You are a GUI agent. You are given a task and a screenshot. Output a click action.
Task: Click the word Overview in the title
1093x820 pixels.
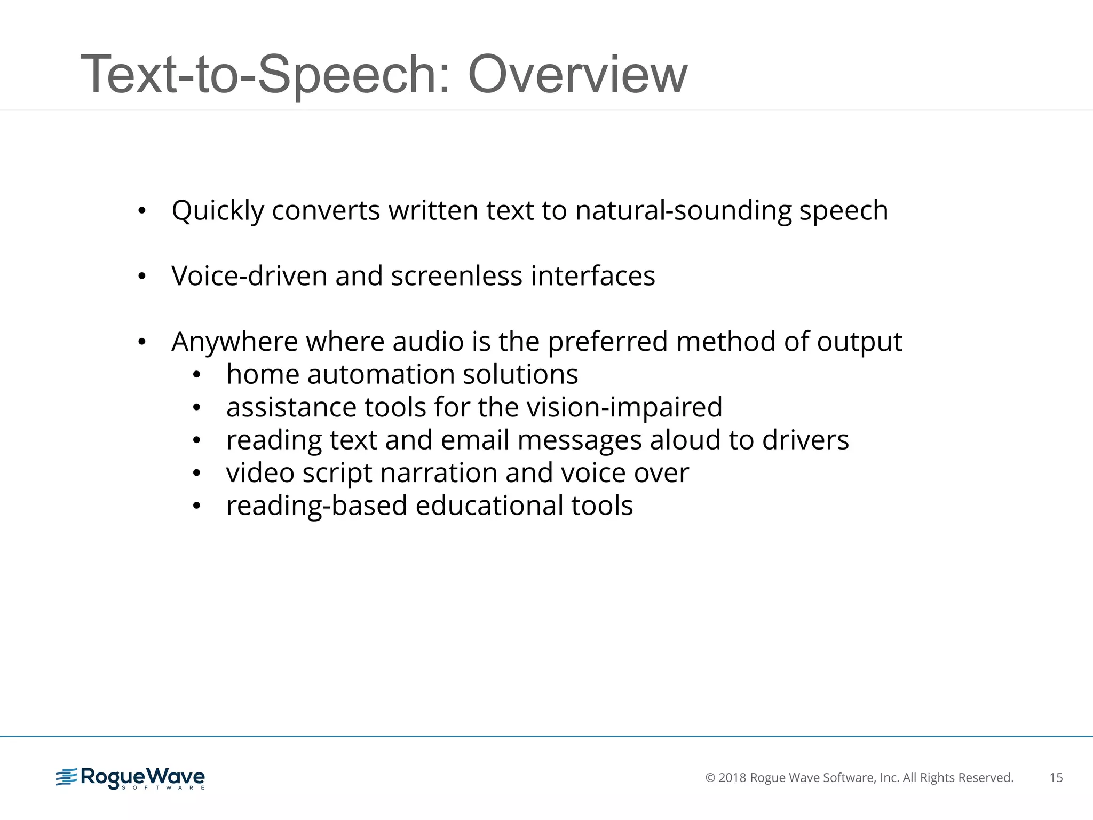577,75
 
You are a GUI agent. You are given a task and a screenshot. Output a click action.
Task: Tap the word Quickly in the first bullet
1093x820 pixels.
218,211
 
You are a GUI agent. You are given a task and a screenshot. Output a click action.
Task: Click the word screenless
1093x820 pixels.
456,276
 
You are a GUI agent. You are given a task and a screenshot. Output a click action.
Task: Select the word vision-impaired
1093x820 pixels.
624,407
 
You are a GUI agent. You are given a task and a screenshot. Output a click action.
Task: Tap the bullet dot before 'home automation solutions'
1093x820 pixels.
196,375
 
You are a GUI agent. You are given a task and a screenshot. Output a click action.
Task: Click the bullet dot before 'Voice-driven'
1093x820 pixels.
141,277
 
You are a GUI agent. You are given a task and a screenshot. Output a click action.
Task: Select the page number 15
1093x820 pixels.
1056,778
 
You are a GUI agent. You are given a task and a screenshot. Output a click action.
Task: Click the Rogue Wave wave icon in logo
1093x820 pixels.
67,777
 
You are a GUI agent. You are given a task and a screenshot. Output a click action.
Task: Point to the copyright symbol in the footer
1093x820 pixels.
710,778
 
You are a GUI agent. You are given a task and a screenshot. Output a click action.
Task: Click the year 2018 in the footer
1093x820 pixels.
732,778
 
